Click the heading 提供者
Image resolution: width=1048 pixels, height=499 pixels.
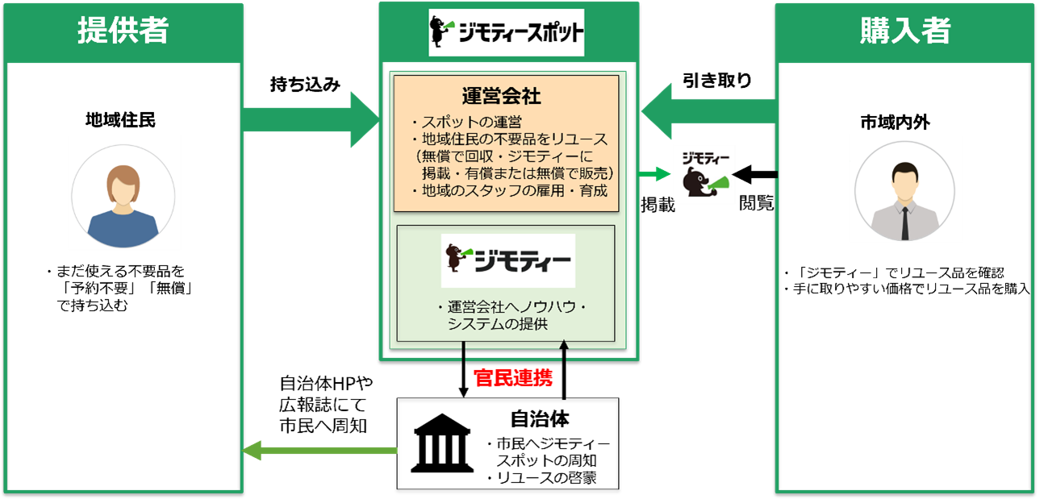[x=123, y=31]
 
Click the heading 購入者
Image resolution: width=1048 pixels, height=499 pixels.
[x=905, y=31]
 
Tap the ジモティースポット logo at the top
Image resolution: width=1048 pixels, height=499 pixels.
[x=507, y=33]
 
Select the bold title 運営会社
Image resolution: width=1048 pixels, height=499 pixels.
[x=501, y=96]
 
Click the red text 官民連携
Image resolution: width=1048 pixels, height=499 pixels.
[x=513, y=378]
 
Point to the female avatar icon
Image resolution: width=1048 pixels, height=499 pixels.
[x=124, y=192]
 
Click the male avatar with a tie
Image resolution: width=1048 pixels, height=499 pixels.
[x=906, y=189]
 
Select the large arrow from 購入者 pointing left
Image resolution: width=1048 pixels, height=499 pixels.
[x=708, y=111]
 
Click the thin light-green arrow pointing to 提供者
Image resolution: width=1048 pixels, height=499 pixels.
[x=320, y=451]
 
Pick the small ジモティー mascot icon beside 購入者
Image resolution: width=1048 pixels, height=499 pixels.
[x=704, y=175]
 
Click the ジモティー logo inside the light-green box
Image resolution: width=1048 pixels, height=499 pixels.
[x=507, y=260]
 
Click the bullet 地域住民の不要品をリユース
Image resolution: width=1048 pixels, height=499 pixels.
[x=509, y=139]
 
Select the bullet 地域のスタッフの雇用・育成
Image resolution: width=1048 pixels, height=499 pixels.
[x=509, y=191]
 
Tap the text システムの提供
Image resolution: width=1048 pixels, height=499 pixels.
[x=498, y=324]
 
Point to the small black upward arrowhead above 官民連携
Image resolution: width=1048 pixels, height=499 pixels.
[x=564, y=346]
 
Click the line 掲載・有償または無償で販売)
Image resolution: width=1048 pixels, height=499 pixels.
[x=517, y=173]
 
